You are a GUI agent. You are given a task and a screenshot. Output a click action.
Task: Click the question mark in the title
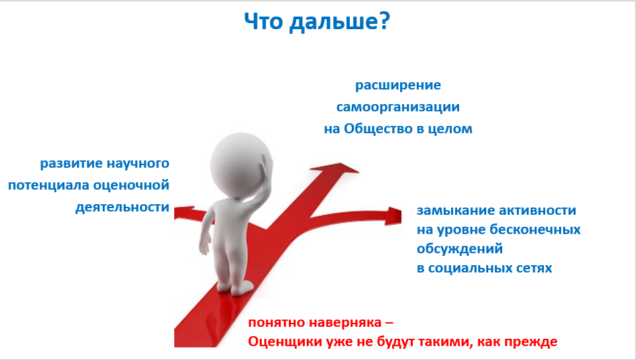click(383, 21)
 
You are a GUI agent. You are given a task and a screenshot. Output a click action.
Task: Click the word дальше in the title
click(332, 23)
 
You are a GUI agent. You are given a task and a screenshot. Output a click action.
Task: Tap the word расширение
click(398, 86)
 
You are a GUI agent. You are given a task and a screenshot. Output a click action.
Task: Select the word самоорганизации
click(398, 107)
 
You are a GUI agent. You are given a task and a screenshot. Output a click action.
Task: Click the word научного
click(138, 164)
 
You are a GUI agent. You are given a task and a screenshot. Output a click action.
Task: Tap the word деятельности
click(122, 208)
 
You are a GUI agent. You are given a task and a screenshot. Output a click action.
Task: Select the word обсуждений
click(460, 249)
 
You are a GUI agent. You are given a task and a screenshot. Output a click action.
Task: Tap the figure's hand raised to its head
click(266, 171)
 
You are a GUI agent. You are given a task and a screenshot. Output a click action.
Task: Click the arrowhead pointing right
click(394, 215)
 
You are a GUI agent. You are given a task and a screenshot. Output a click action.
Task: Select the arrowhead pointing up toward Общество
click(335, 168)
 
